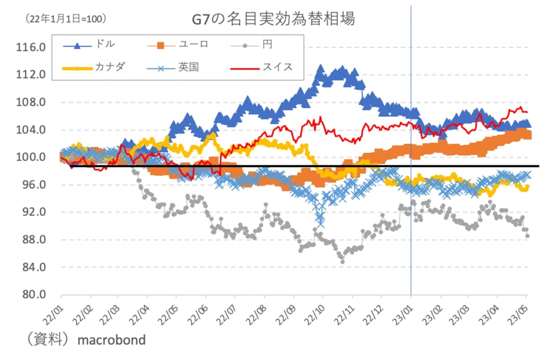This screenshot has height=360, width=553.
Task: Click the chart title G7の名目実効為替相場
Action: coord(274,19)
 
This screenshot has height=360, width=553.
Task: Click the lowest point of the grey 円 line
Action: coord(342,262)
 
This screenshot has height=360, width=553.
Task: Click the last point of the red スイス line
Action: coord(527,112)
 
